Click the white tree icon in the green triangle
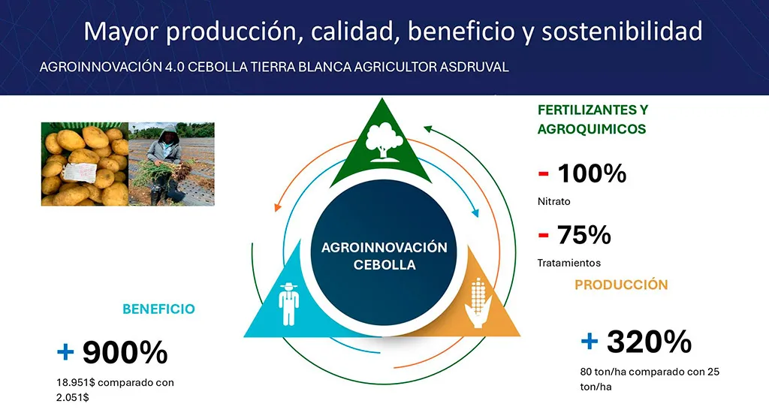(x=385, y=142)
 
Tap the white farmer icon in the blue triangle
(x=288, y=304)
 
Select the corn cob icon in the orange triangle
(x=478, y=303)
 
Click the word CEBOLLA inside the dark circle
(x=384, y=265)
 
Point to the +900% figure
(x=113, y=351)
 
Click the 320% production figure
(x=649, y=341)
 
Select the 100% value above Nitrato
(x=592, y=173)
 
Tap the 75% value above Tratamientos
(x=584, y=234)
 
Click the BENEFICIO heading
(x=158, y=309)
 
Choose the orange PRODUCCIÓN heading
(x=621, y=285)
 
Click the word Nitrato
(x=553, y=201)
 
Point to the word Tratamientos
(x=569, y=263)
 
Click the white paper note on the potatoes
(x=79, y=172)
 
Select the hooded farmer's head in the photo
(x=169, y=134)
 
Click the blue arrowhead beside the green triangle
(x=475, y=213)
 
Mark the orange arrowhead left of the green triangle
(x=278, y=207)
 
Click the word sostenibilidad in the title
(x=622, y=31)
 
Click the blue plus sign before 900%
(x=65, y=351)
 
